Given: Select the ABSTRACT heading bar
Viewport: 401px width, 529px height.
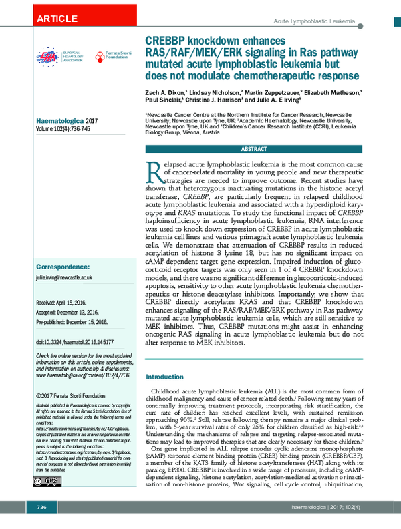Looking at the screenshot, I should (254, 149).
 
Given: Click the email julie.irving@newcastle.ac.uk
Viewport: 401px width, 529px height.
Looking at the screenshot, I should (63, 277).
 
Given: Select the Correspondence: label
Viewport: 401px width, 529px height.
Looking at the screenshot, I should (64, 266).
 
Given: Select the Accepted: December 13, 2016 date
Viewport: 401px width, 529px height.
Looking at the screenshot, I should (68, 311).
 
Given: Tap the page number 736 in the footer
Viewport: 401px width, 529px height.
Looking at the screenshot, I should (41, 508).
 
